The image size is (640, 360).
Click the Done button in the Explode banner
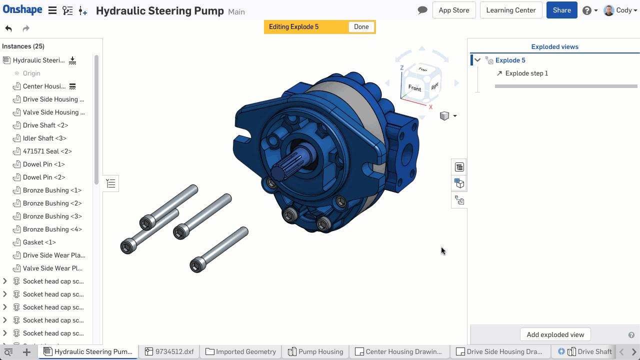361,27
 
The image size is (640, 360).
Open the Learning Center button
510,10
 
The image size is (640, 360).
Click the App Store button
453,10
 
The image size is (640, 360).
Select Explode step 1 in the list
526,73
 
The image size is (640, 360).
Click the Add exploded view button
555,334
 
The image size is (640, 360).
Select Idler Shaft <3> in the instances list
44,138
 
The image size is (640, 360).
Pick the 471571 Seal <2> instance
47,151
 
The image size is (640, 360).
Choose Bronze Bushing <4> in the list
52,229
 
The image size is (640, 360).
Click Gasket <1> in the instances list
39,242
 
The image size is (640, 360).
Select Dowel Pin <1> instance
43,164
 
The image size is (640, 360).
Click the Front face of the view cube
414,88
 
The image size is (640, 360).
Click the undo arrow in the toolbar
8,28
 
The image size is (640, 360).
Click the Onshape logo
21,10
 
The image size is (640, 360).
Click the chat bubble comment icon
422,10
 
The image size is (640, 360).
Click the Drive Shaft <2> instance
45,125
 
